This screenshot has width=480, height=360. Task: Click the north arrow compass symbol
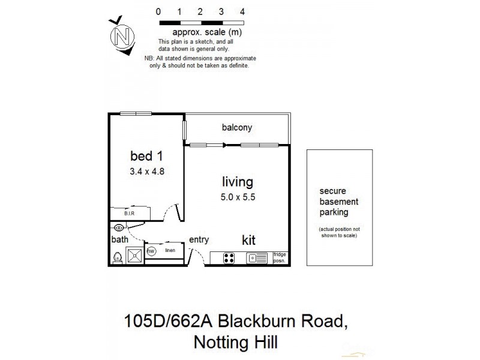(x=122, y=36)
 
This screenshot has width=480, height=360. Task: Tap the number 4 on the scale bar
(x=242, y=11)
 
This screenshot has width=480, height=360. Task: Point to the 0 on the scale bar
(x=158, y=11)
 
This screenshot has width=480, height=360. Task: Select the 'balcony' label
(x=237, y=127)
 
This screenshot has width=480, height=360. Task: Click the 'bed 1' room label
(x=147, y=156)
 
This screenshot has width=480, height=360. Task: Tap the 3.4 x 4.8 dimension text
(x=147, y=170)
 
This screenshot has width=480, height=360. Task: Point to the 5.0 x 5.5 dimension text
(x=238, y=196)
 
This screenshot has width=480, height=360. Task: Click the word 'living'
(x=238, y=182)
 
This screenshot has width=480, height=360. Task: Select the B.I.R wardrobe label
(x=129, y=213)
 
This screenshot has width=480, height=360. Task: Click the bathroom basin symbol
(x=119, y=227)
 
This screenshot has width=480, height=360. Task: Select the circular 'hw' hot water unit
(x=151, y=251)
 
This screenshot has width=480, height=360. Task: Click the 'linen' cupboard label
(x=170, y=250)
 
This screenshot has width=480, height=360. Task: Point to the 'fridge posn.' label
(x=280, y=257)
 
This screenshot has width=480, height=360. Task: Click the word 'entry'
(x=199, y=239)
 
